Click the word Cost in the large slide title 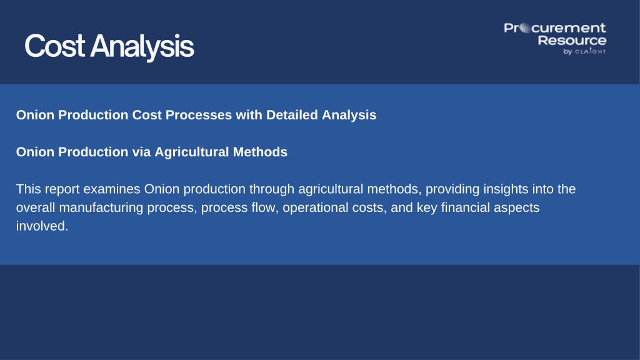[x=55, y=46]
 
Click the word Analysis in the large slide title [x=142, y=47]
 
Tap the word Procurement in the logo [x=555, y=28]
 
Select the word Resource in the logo [x=572, y=41]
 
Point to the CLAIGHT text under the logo [x=590, y=51]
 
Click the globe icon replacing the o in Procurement [x=525, y=29]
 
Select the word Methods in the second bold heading [x=260, y=152]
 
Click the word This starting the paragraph [x=29, y=189]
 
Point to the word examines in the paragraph [x=113, y=189]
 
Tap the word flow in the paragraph [x=265, y=207]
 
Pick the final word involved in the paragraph [x=42, y=226]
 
